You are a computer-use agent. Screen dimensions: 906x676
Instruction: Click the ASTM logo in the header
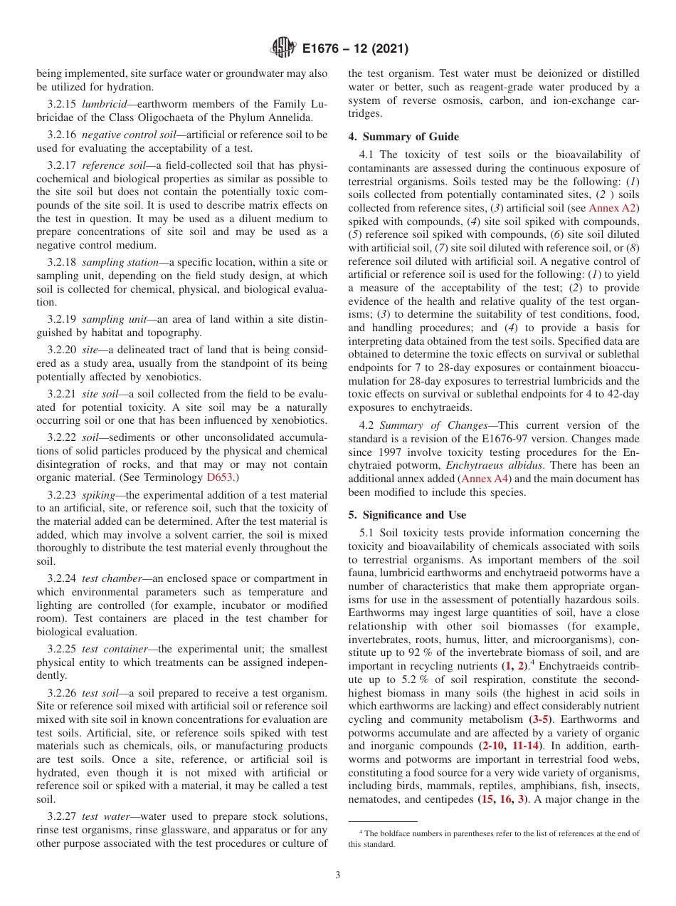tap(283, 49)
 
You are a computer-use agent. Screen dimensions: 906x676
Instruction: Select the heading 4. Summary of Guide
tap(403, 137)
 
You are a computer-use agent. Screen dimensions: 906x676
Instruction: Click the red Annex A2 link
tap(614, 208)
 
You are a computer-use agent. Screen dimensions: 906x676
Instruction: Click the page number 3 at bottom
tap(337, 875)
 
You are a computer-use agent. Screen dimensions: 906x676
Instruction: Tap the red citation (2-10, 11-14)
tap(509, 746)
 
